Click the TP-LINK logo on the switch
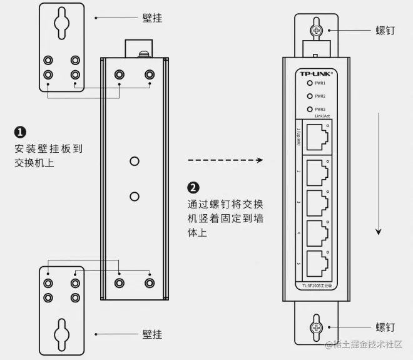point(316,73)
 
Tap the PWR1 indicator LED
point(308,83)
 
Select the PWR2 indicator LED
point(308,96)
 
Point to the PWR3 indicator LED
point(308,109)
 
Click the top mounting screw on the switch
point(317,29)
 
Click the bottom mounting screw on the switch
point(317,327)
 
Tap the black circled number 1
point(20,132)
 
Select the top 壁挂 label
point(152,18)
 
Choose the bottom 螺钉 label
point(385,327)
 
